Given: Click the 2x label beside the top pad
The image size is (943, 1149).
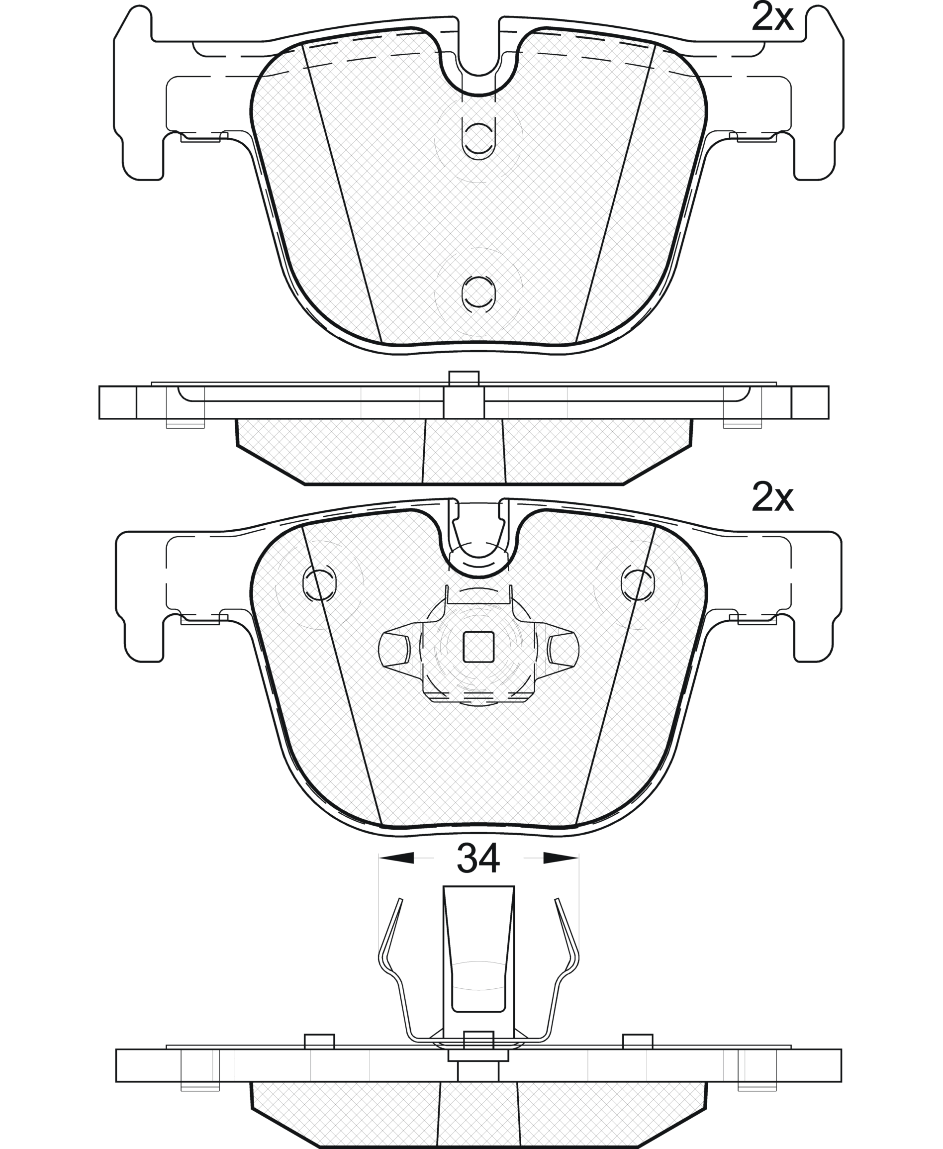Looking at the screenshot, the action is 772,17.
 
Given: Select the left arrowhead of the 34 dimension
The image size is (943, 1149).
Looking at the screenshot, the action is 396,858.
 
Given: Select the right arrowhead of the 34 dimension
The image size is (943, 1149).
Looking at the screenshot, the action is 561,858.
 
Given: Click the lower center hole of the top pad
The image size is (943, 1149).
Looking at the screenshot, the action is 478,293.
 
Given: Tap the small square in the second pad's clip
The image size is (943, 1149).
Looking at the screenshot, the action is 478,647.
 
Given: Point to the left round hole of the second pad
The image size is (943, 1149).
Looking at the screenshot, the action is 319,583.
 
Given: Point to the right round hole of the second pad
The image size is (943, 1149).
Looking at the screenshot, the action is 638,583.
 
